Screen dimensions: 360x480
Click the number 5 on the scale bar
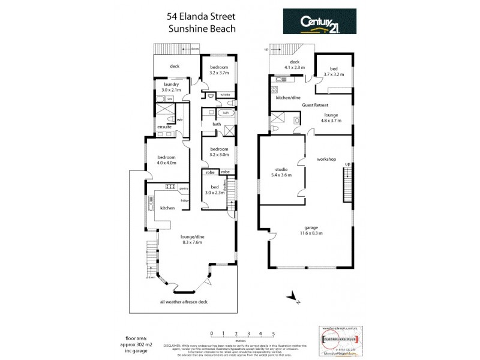tap(274, 333)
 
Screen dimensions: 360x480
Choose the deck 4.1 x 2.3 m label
tap(295, 65)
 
